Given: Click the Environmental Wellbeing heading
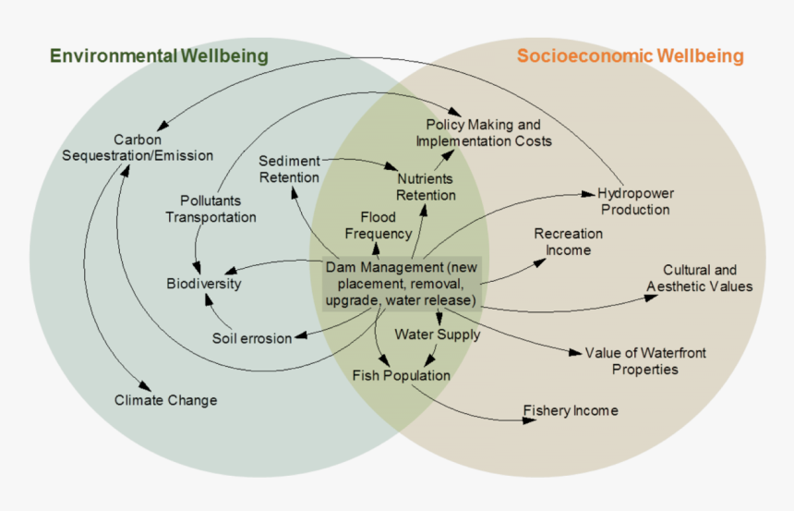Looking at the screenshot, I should [x=159, y=56].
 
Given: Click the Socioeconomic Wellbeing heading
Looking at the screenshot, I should [x=630, y=56].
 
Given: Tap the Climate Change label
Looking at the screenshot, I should [x=166, y=400].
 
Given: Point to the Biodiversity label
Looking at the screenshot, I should [x=203, y=284].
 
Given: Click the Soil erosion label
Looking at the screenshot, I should [x=252, y=338].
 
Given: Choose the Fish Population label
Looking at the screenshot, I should [x=402, y=375].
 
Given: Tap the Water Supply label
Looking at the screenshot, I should [x=438, y=335].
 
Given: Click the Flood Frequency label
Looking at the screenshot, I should [x=379, y=225].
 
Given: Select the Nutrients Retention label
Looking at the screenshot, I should [x=426, y=186].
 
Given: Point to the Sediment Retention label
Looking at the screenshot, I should [x=289, y=168].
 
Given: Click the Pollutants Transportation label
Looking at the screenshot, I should [x=211, y=208].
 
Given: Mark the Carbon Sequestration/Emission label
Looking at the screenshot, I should [x=138, y=147].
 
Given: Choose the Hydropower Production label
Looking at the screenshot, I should [x=635, y=201].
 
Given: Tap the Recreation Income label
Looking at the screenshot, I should [x=568, y=242].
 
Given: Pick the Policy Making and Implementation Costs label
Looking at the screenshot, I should [x=484, y=132].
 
